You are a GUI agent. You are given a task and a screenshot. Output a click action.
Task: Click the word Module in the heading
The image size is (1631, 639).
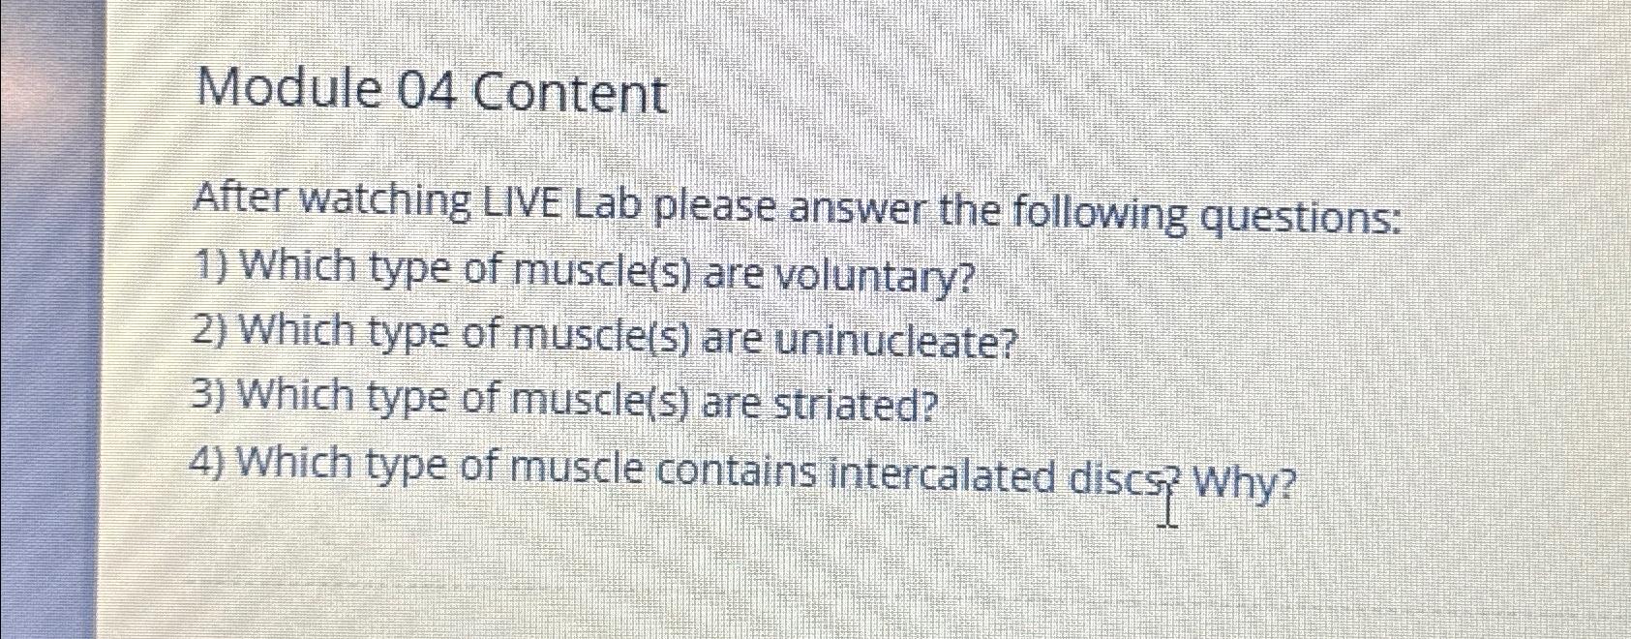pos(287,90)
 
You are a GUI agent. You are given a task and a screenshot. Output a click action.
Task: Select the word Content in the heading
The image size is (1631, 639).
pos(569,95)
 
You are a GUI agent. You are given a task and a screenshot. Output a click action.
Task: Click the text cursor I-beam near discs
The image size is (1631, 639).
pos(1168,503)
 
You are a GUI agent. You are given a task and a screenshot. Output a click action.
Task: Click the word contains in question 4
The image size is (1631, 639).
pos(738,472)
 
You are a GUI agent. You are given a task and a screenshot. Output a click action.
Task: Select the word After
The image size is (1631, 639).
pos(240,198)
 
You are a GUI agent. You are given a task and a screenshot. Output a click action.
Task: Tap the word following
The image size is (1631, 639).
pos(1099,215)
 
